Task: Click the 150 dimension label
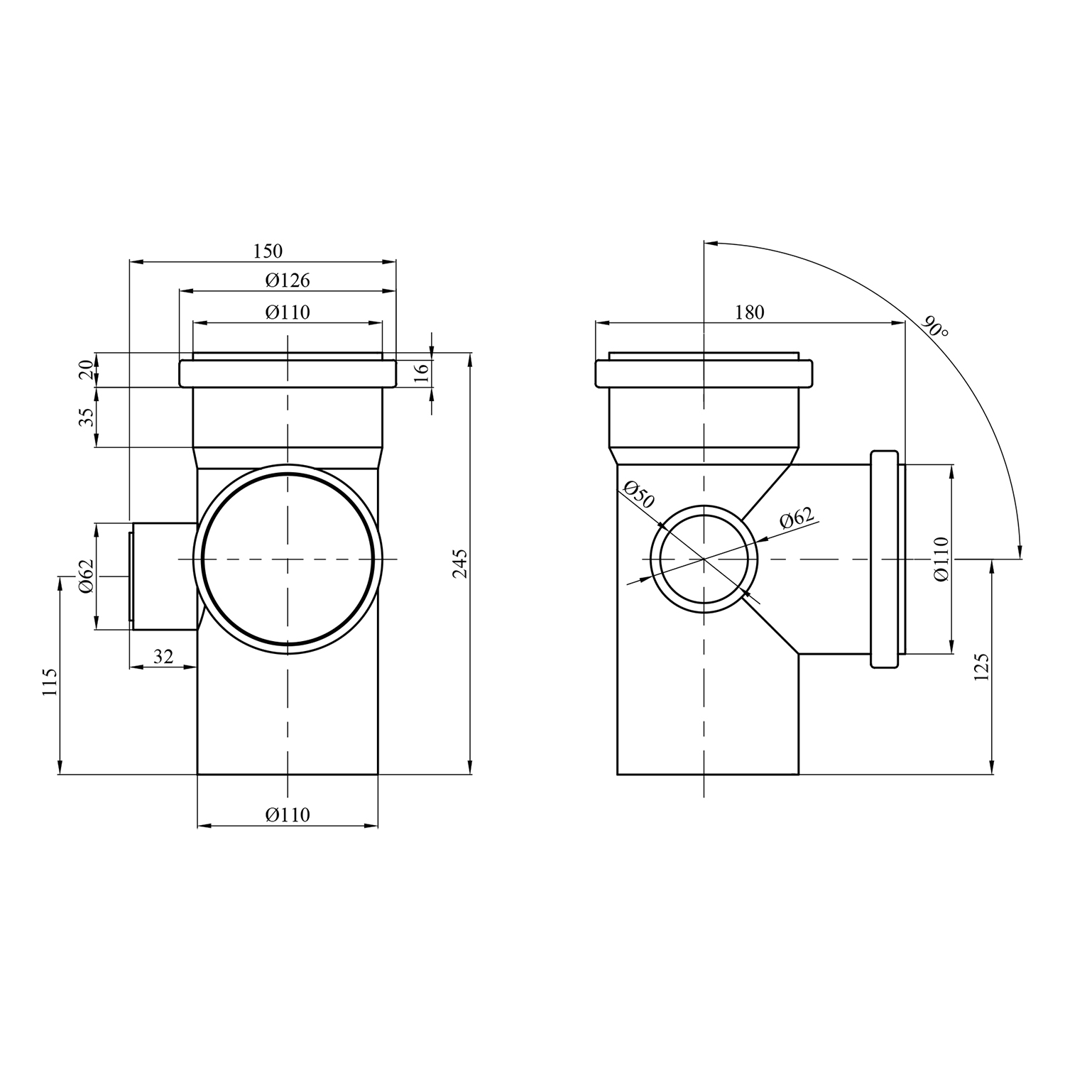pyautogui.click(x=268, y=251)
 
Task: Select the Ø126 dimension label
pyautogui.click(x=288, y=280)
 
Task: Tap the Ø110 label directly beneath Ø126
pyautogui.click(x=288, y=312)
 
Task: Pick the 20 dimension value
pyautogui.click(x=86, y=369)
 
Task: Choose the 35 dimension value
pyautogui.click(x=86, y=417)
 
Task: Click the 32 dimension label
pyautogui.click(x=163, y=656)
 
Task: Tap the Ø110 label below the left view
pyautogui.click(x=288, y=814)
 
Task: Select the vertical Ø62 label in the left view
pyautogui.click(x=86, y=576)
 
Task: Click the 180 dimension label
pyautogui.click(x=750, y=312)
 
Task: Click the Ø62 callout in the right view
pyautogui.click(x=797, y=519)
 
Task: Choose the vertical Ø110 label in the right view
pyautogui.click(x=941, y=559)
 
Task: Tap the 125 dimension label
pyautogui.click(x=982, y=667)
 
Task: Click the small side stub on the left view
pyautogui.click(x=163, y=577)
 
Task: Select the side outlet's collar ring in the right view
pyautogui.click(x=885, y=559)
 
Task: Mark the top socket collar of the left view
pyautogui.click(x=288, y=373)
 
